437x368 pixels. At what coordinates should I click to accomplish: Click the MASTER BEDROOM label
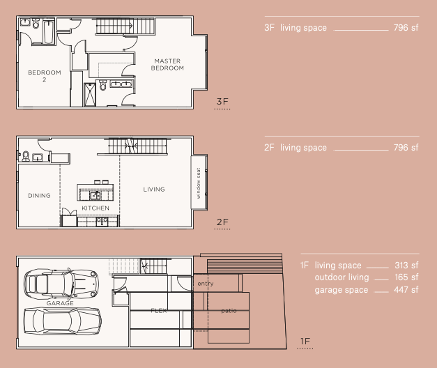(x=168, y=65)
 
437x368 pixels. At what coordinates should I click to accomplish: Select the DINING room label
(x=40, y=196)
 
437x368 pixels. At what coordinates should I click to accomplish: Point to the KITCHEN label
(x=95, y=208)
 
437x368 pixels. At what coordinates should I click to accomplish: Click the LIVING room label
(x=154, y=189)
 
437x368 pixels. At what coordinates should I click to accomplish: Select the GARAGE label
(x=60, y=304)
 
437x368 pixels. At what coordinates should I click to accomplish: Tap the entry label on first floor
(x=206, y=284)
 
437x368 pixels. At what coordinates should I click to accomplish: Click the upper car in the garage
(x=61, y=283)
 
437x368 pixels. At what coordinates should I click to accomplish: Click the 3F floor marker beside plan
(x=222, y=102)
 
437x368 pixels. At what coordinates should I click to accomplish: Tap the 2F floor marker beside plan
(x=222, y=222)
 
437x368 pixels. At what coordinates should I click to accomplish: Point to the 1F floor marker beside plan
(x=305, y=341)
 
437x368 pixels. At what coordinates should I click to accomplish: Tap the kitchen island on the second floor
(x=95, y=192)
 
